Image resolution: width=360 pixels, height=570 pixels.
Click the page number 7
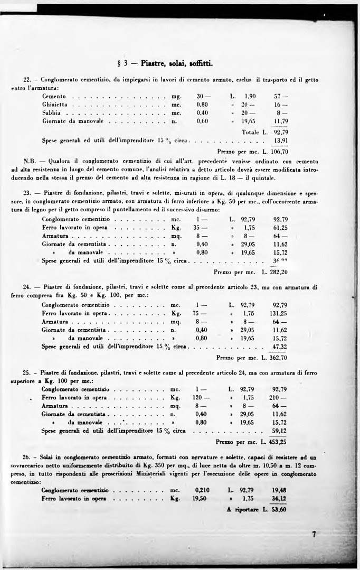[314, 534]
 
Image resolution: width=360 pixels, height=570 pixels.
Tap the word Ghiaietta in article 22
[55, 105]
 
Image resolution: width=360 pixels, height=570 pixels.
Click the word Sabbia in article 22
[52, 113]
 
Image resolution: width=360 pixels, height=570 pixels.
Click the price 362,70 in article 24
[278, 358]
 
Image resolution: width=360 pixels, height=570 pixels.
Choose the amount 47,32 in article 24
[279, 347]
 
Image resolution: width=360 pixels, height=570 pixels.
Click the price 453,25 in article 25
[277, 442]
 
